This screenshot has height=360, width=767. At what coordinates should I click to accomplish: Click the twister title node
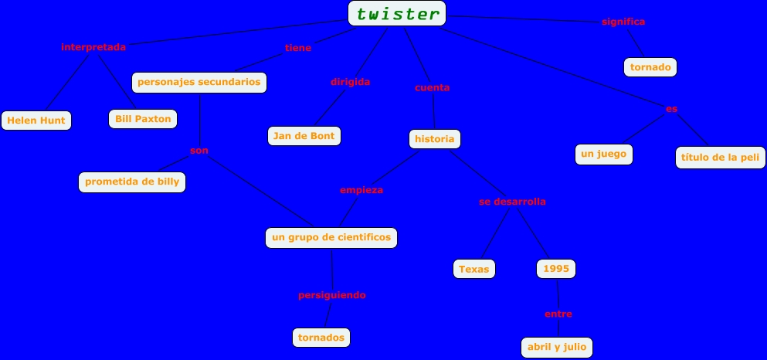click(397, 13)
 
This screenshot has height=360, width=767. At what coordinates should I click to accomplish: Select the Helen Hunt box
click(36, 121)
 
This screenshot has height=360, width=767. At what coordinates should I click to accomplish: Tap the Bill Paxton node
click(143, 119)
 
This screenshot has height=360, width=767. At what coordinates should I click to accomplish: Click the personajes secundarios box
click(199, 82)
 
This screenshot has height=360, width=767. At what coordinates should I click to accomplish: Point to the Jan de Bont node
click(304, 137)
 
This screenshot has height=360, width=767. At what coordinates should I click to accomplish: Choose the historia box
click(435, 139)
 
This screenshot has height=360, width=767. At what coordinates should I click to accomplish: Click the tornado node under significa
click(650, 67)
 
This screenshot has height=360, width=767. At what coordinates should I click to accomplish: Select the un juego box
click(603, 155)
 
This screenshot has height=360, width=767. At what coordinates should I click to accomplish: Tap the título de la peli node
click(720, 158)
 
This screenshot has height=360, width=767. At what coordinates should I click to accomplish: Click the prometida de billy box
click(132, 182)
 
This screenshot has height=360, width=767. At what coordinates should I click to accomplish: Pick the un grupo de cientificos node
click(332, 237)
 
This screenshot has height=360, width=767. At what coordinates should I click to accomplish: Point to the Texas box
click(473, 269)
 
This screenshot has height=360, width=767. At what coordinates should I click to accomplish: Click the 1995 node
click(556, 269)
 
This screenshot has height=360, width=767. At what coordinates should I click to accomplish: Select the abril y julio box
click(557, 348)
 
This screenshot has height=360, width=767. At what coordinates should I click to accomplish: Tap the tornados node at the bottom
click(322, 338)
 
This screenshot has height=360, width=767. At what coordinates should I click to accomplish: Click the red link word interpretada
click(93, 47)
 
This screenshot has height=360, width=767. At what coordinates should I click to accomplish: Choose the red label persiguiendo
click(332, 295)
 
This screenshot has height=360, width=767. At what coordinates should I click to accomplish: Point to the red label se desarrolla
click(512, 202)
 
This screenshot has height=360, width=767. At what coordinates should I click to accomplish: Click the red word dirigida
click(351, 82)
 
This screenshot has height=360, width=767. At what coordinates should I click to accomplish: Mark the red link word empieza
click(361, 190)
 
